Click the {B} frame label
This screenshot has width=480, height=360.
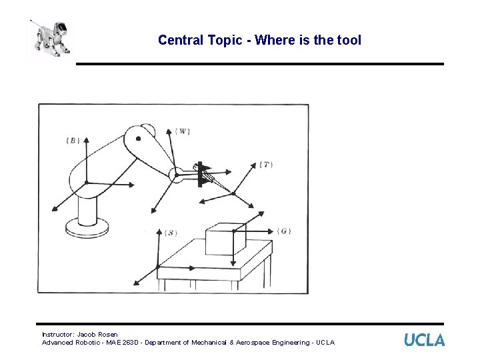(x=73, y=140)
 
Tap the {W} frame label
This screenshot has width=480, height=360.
(x=183, y=131)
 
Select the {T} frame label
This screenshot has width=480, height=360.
(x=266, y=164)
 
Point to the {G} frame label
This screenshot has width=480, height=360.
(x=284, y=231)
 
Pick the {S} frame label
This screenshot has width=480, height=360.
(x=171, y=233)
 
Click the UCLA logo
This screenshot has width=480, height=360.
(x=424, y=339)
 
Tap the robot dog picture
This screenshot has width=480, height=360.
(x=48, y=39)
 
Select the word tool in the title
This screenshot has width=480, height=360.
(x=349, y=40)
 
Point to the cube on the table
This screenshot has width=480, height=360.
(x=225, y=239)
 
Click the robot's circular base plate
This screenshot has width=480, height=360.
(x=87, y=229)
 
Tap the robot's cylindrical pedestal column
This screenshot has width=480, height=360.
(x=87, y=209)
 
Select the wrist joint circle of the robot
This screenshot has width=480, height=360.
(x=177, y=175)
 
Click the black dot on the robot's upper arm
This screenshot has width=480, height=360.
(x=138, y=139)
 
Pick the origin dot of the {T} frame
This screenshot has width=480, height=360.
(x=233, y=193)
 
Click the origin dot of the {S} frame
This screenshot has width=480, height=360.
(x=158, y=267)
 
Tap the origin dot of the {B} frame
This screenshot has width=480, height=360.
(x=86, y=183)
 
